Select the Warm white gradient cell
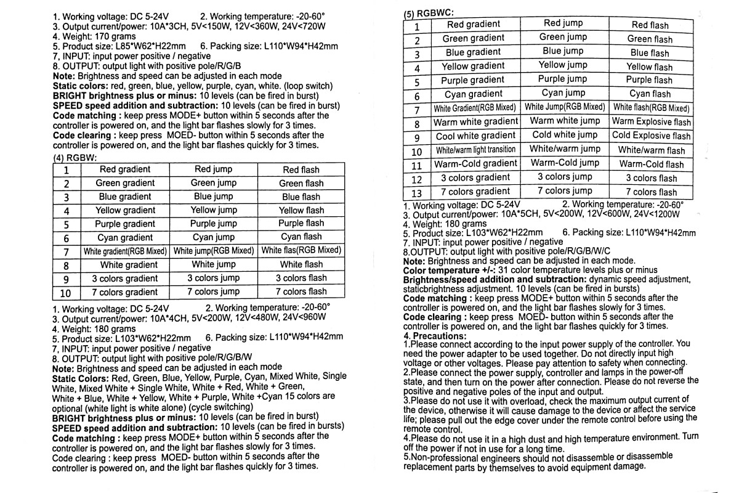(x=476, y=121)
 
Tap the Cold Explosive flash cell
(x=651, y=136)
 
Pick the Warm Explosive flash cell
(x=651, y=121)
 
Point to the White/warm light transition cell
(x=475, y=150)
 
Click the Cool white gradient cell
(x=475, y=136)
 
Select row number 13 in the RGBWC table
(x=417, y=192)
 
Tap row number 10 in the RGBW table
(x=66, y=293)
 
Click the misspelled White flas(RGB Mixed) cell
(x=301, y=251)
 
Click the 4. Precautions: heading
(x=435, y=336)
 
